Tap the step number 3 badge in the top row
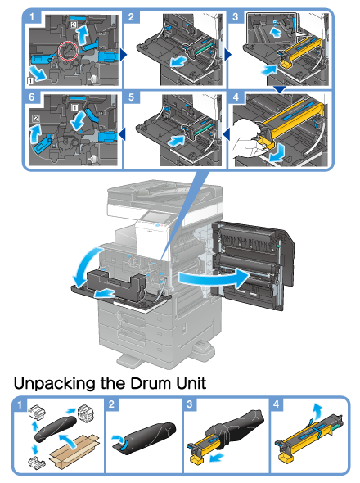(235, 16)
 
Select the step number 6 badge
(32, 97)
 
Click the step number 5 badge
(131, 97)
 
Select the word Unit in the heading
(191, 383)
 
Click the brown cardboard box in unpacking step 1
(74, 449)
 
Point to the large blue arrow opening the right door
(213, 278)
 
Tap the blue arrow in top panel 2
(179, 61)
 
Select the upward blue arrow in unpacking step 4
(317, 411)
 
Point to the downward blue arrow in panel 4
(277, 156)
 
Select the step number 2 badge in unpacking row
(111, 404)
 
